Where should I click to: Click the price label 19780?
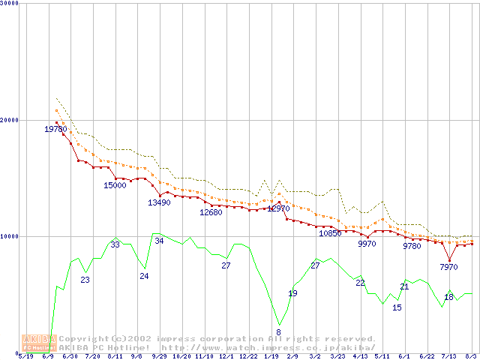tap(56, 129)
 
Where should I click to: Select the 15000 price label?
tap(115, 185)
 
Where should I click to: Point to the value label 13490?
tap(159, 202)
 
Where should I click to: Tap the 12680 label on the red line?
tap(211, 212)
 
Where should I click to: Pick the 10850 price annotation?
tap(330, 233)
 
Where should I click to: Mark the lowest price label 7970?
tap(448, 267)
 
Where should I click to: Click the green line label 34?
tap(159, 241)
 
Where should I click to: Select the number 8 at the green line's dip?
tap(278, 332)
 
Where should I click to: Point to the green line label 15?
tap(397, 307)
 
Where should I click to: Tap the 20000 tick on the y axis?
tap(10, 120)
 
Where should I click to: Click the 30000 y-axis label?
tap(10, 4)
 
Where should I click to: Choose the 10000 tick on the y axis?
tap(10, 236)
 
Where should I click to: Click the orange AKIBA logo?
tap(39, 343)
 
